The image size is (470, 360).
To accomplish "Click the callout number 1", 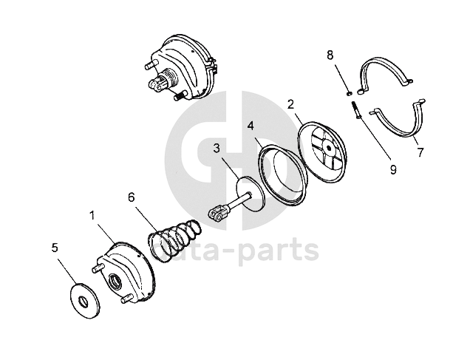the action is point(92,215).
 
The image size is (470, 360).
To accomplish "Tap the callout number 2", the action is point(291,104).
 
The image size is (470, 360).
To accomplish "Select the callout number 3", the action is point(217,148).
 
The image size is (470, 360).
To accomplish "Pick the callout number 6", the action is point(131,197).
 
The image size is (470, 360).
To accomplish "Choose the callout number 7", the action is point(420,153).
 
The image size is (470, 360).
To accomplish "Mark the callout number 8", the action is point(330,55).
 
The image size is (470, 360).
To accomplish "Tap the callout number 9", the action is point(392,169).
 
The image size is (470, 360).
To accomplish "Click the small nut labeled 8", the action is point(348,93).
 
